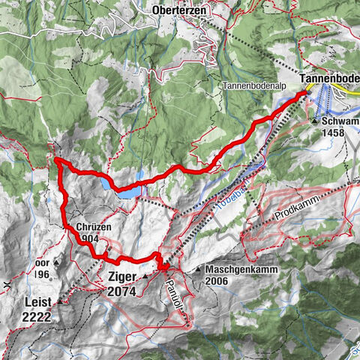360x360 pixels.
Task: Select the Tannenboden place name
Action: [x=330, y=79]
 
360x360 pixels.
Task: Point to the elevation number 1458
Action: [x=337, y=134]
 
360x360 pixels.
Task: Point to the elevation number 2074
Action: [x=121, y=291]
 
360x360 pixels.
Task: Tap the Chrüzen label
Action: [x=93, y=227]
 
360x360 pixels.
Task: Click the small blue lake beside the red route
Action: [x=127, y=191]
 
